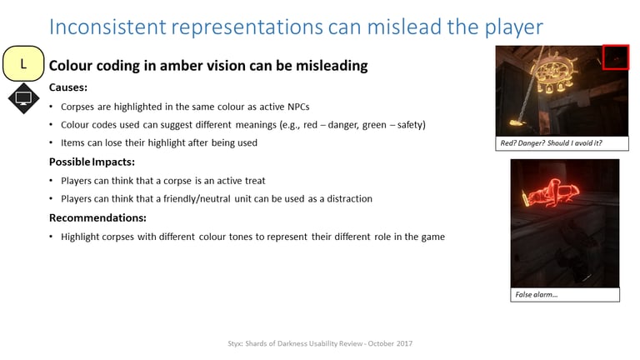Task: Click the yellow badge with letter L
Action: coord(23,63)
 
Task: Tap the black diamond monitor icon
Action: coord(23,98)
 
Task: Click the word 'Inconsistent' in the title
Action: coord(107,27)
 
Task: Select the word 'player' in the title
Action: coord(514,27)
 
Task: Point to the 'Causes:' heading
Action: coord(68,87)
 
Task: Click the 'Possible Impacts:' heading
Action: coord(92,162)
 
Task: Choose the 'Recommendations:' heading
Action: coord(97,218)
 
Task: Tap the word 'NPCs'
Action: coord(298,107)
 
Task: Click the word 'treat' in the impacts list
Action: coord(255,181)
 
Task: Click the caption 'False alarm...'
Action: coord(537,295)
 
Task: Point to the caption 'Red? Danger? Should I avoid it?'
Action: coord(551,143)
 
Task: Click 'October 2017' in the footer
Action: coord(390,343)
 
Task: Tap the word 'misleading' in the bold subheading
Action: coord(332,66)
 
